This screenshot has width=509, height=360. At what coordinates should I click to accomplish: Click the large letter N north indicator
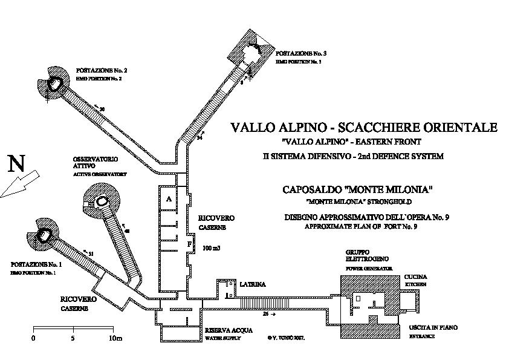pyautogui.click(x=16, y=164)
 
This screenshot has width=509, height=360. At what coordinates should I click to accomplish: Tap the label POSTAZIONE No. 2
pyautogui.click(x=102, y=70)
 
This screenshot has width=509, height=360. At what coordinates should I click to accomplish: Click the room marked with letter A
pyautogui.click(x=169, y=198)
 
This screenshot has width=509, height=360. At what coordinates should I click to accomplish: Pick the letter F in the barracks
pyautogui.click(x=189, y=243)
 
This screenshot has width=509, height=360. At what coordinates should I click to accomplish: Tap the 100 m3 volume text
pyautogui.click(x=212, y=248)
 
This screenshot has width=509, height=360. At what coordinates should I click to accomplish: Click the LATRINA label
pyautogui.click(x=251, y=283)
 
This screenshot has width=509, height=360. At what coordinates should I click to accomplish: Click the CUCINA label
pyautogui.click(x=416, y=275)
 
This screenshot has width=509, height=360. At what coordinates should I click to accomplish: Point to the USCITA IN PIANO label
pyautogui.click(x=432, y=327)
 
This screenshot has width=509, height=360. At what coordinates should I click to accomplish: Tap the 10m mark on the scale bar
pyautogui.click(x=114, y=338)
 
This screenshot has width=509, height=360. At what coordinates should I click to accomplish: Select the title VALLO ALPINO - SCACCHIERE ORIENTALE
pyautogui.click(x=364, y=128)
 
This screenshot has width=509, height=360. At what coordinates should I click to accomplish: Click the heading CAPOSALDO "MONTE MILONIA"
pyautogui.click(x=358, y=189)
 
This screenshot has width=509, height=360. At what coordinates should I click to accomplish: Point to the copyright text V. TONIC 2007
pyautogui.click(x=286, y=338)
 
